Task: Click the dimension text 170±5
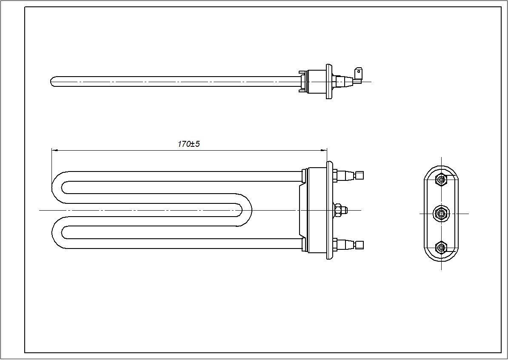pyautogui.click(x=188, y=144)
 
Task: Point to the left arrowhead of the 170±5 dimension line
pyautogui.click(x=54, y=150)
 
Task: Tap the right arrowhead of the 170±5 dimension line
pyautogui.click(x=325, y=150)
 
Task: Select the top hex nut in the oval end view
pyautogui.click(x=441, y=180)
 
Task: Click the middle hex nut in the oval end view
pyautogui.click(x=441, y=213)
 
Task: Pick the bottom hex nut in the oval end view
pyautogui.click(x=441, y=247)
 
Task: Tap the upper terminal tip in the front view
pyautogui.click(x=360, y=175)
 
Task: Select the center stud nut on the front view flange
pyautogui.click(x=339, y=210)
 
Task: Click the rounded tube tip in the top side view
pyautogui.click(x=53, y=81)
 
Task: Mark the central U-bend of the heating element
pyautogui.click(x=247, y=210)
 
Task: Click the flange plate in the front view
pyautogui.click(x=329, y=210)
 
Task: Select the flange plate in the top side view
pyautogui.click(x=329, y=81)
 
